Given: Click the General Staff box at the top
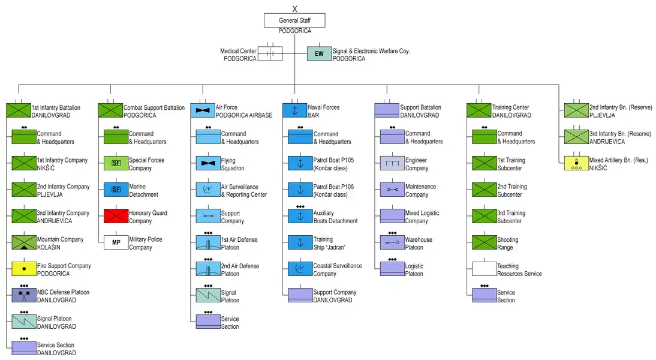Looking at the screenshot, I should click(x=294, y=20).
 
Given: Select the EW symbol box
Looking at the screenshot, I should click(x=319, y=54).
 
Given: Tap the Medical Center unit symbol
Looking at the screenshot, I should click(x=270, y=54).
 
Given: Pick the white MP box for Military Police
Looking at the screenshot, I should click(x=116, y=242).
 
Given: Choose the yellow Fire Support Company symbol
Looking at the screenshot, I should click(x=23, y=269).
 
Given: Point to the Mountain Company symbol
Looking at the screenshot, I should click(x=23, y=242).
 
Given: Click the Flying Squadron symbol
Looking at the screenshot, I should click(x=207, y=163).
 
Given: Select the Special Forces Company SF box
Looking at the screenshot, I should click(x=116, y=163).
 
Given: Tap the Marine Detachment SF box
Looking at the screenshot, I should click(x=116, y=190).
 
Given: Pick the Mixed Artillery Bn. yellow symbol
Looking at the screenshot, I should click(x=576, y=163).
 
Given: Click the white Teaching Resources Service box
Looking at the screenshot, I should click(x=484, y=269).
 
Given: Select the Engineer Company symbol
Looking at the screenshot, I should click(x=392, y=163).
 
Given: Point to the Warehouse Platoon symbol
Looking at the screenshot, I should click(x=392, y=242).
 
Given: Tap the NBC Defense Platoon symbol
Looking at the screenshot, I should click(x=23, y=295).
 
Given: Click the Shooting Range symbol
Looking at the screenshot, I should click(x=484, y=242).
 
